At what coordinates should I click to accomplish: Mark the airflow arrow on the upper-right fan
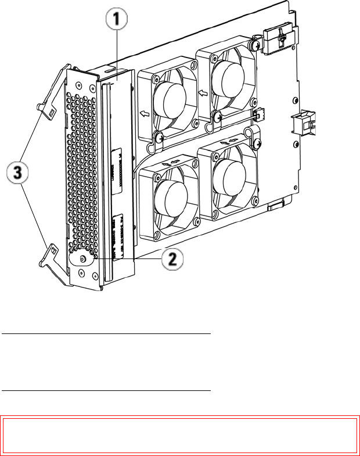click(x=203, y=92)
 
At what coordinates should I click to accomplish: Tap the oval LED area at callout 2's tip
click(x=80, y=258)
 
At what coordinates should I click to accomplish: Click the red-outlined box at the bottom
click(x=179, y=434)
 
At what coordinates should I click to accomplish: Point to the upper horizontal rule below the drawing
click(x=105, y=335)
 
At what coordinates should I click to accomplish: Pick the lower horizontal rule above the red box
click(x=105, y=391)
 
